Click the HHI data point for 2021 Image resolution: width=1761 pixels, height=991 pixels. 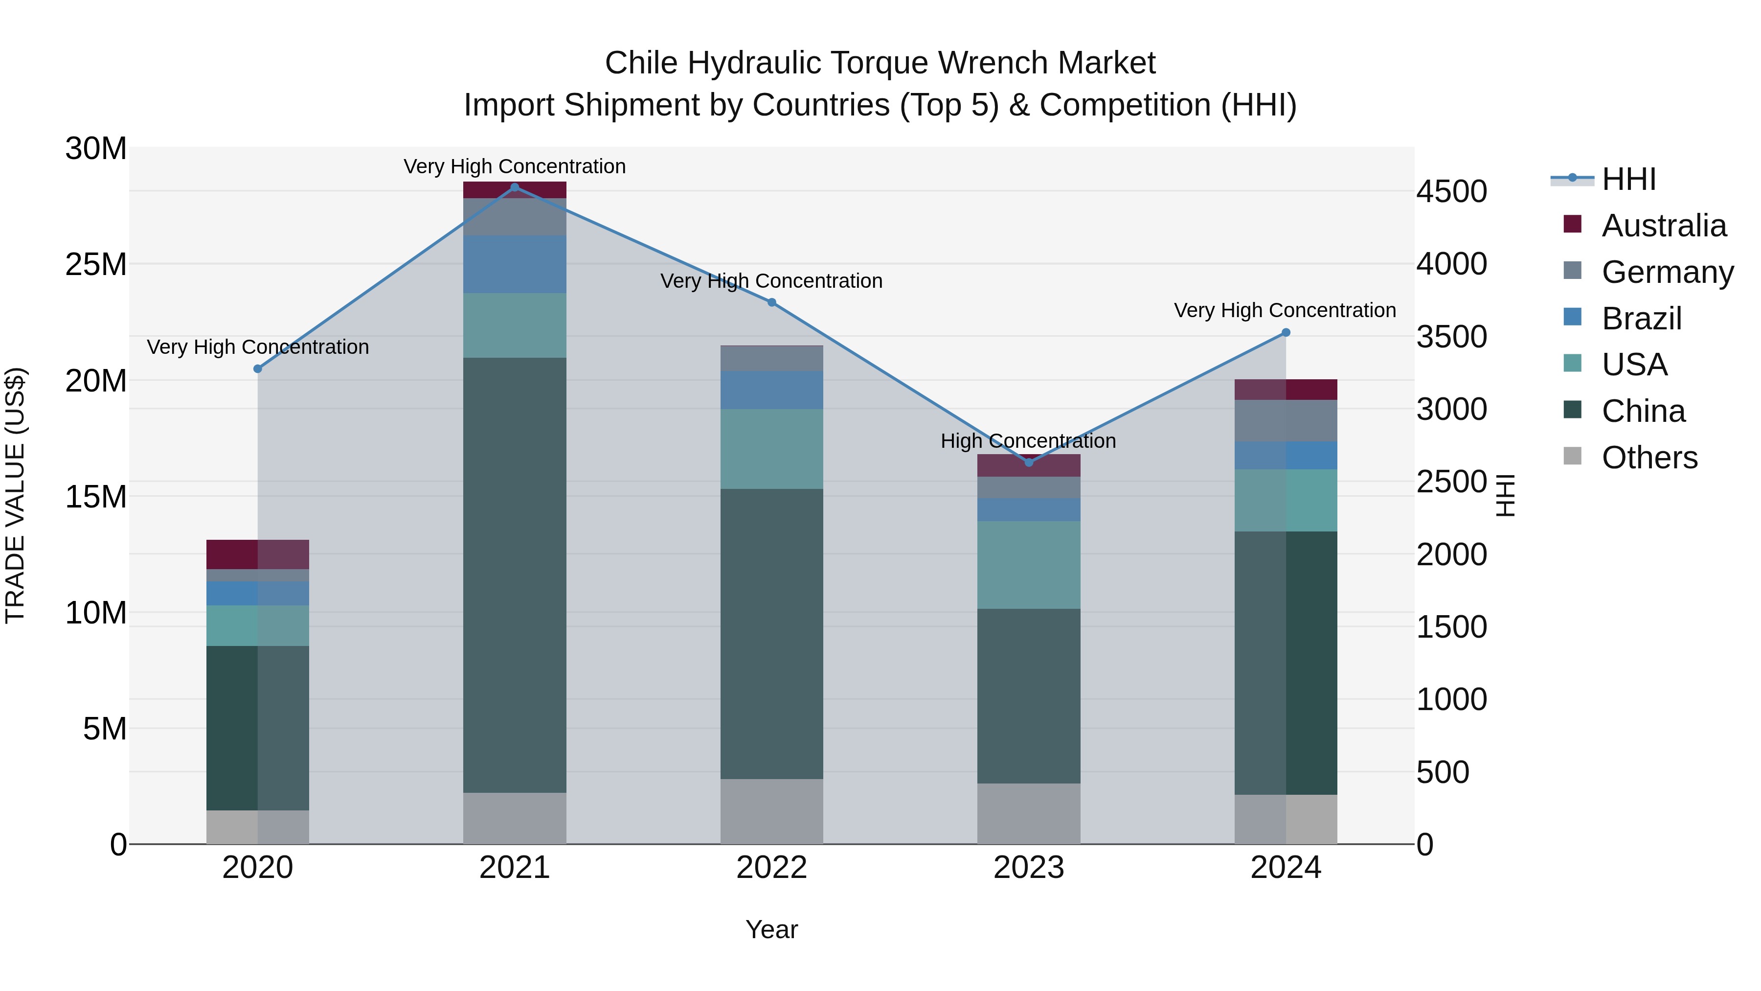point(515,187)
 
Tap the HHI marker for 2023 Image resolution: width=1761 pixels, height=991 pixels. point(1029,462)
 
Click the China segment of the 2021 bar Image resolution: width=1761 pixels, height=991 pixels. point(515,575)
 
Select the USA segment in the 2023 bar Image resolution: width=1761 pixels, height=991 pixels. point(1029,565)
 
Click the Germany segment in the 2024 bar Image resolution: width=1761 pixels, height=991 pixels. point(1286,420)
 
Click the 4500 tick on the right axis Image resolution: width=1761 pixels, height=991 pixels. point(1451,191)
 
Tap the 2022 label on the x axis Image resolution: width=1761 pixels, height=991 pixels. point(772,868)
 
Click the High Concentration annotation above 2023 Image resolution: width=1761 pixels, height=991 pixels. point(1028,441)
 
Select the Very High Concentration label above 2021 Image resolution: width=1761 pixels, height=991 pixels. point(515,166)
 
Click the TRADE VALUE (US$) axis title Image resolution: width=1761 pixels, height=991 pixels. point(15,496)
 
